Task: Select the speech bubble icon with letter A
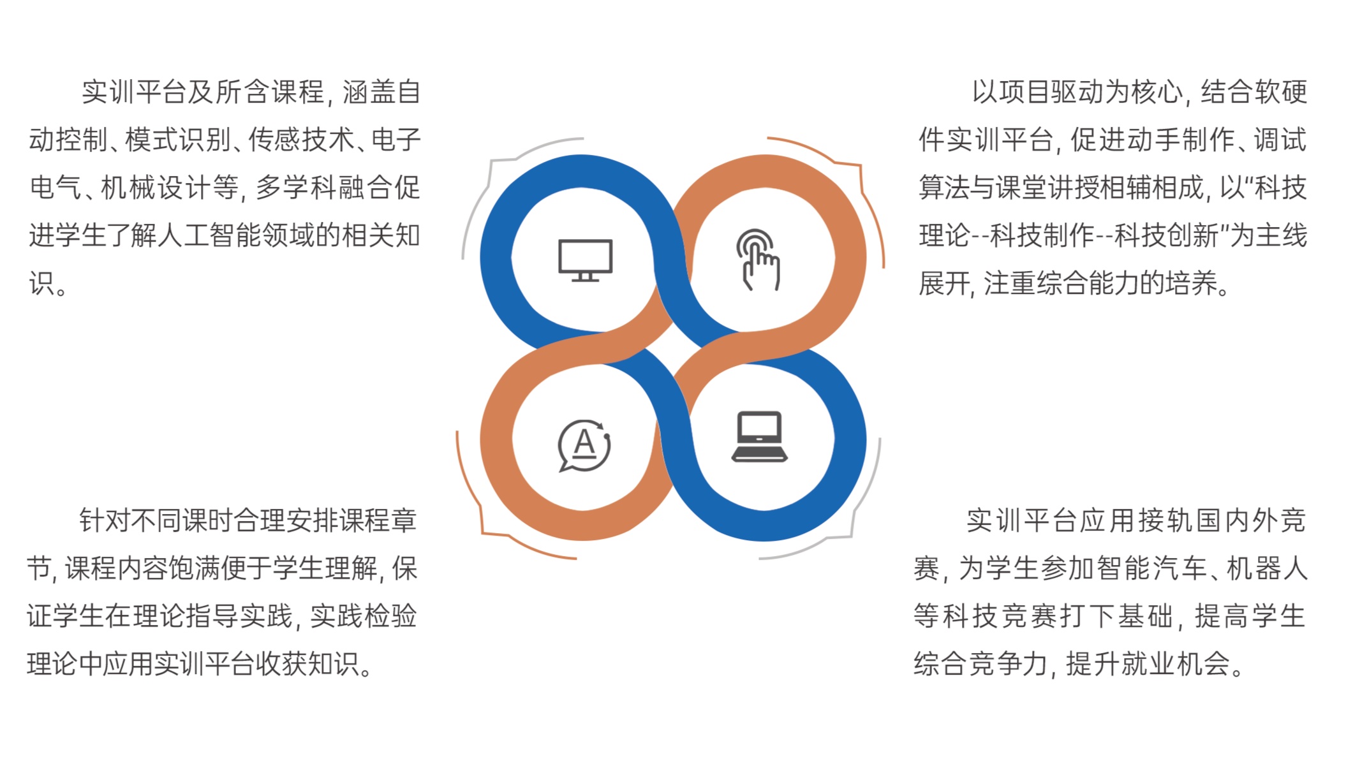click(x=584, y=445)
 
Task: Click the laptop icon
click(x=759, y=437)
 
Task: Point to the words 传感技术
click(x=301, y=140)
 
